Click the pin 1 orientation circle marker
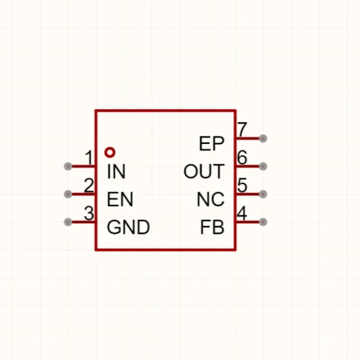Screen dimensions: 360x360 click(x=110, y=153)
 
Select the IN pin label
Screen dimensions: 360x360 click(x=116, y=171)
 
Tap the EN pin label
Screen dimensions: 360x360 click(x=120, y=199)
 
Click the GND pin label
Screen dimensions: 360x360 click(x=128, y=227)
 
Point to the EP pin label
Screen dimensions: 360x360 click(x=211, y=143)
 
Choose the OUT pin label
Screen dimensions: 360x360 click(x=204, y=171)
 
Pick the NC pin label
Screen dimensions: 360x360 click(x=211, y=199)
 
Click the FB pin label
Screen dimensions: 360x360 click(x=212, y=227)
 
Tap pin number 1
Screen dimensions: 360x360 click(x=89, y=158)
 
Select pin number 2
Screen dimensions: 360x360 click(x=89, y=185)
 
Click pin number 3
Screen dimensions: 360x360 click(x=89, y=213)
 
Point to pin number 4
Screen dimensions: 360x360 click(x=242, y=213)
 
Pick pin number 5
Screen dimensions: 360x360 click(x=242, y=185)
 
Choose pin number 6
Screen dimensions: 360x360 click(x=242, y=158)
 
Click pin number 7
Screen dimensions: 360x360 click(x=242, y=130)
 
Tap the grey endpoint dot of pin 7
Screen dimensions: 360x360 click(x=263, y=139)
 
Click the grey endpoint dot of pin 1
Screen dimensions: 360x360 click(x=68, y=166)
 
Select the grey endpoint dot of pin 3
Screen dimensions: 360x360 click(x=68, y=222)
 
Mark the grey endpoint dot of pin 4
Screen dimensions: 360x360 click(x=263, y=222)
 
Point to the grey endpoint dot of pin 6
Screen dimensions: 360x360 click(x=263, y=166)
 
